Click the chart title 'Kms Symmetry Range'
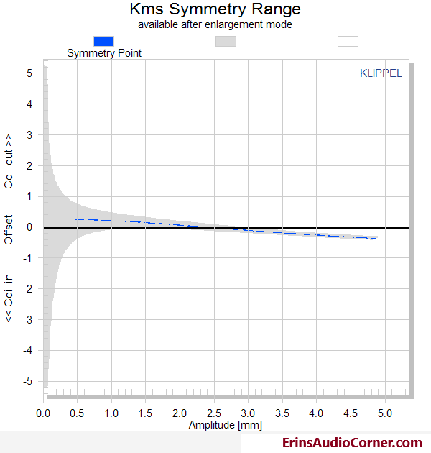tap(215, 9)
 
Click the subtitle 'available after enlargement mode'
tap(215, 24)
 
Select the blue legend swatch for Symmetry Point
tap(103, 41)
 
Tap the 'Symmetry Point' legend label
tap(104, 53)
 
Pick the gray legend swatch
tap(226, 41)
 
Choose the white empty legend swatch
tap(348, 41)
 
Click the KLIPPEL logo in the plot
tap(381, 73)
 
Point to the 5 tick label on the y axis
tap(29, 73)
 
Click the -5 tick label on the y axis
tap(28, 381)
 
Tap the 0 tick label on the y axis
tap(29, 227)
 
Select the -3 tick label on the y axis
tap(28, 320)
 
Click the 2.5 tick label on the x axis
tap(214, 413)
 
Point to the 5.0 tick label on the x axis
tap(385, 413)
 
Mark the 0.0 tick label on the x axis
tap(43, 413)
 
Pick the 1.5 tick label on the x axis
tap(145, 413)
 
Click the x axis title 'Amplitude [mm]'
tap(226, 425)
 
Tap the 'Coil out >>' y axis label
tap(9, 162)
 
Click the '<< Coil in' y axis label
tap(9, 298)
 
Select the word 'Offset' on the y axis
tap(9, 230)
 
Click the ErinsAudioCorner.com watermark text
tap(352, 443)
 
